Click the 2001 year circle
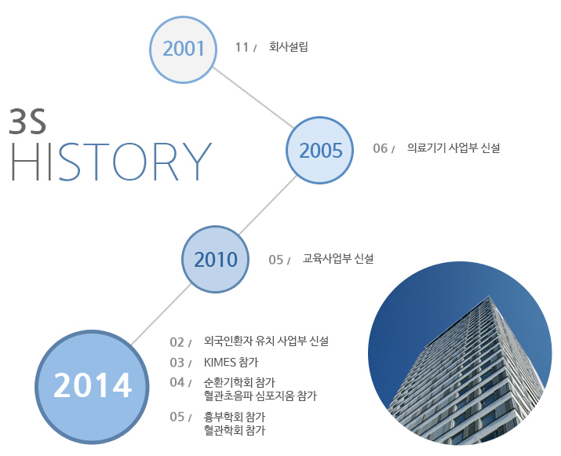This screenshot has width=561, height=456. pyautogui.click(x=183, y=49)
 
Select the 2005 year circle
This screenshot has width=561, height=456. pyautogui.click(x=319, y=151)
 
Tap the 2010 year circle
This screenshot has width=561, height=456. pyautogui.click(x=216, y=260)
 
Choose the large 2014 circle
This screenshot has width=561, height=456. pyautogui.click(x=92, y=387)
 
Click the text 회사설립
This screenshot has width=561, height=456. pyautogui.click(x=289, y=46)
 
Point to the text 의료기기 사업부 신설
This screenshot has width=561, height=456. pyautogui.click(x=454, y=148)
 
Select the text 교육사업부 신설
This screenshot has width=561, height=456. pyautogui.click(x=338, y=258)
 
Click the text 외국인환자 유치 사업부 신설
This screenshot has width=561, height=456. pyautogui.click(x=266, y=341)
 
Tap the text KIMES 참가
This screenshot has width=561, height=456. pyautogui.click(x=231, y=363)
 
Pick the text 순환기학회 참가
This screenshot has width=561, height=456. pyautogui.click(x=239, y=382)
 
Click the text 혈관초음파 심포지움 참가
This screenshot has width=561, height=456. pyautogui.click(x=260, y=396)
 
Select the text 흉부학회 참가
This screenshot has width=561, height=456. pyautogui.click(x=235, y=417)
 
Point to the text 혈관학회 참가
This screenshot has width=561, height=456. pyautogui.click(x=235, y=430)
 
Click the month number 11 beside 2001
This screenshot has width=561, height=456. pyautogui.click(x=242, y=47)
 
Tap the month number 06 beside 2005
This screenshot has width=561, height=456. pyautogui.click(x=380, y=148)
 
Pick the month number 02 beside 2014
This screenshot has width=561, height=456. pyautogui.click(x=177, y=342)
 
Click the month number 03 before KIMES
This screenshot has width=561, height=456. pyautogui.click(x=177, y=363)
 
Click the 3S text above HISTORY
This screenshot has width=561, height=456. pyautogui.click(x=27, y=122)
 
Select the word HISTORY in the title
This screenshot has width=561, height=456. pyautogui.click(x=111, y=162)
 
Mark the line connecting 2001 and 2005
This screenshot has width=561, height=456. pyautogui.click(x=253, y=97)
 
